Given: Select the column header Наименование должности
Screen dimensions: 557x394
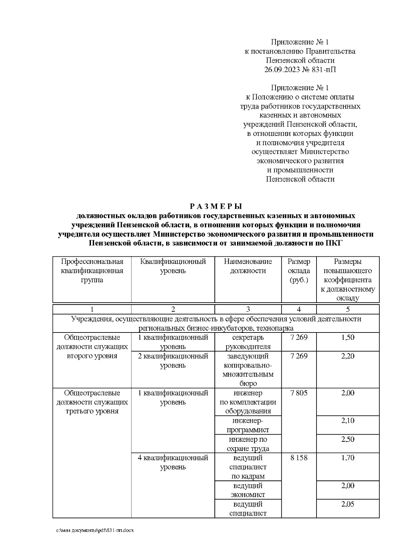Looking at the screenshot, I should pyautogui.click(x=248, y=266).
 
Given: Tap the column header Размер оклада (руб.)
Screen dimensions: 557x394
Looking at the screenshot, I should pyautogui.click(x=299, y=271).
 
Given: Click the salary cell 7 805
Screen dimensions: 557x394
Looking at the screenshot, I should pyautogui.click(x=299, y=393).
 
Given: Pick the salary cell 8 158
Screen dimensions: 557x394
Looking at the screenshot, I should pyautogui.click(x=299, y=458).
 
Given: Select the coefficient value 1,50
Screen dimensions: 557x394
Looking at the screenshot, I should pyautogui.click(x=348, y=337).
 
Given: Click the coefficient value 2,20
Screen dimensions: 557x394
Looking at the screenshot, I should pyautogui.click(x=348, y=356).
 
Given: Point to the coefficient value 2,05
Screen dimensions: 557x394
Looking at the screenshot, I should pyautogui.click(x=348, y=504).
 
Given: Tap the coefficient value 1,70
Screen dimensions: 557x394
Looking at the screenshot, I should pyautogui.click(x=348, y=458).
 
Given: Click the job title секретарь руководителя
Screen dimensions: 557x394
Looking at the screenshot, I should pyautogui.click(x=248, y=342).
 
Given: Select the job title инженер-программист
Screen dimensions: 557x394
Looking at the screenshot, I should pyautogui.click(x=248, y=425).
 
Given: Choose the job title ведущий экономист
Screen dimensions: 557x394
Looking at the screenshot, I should pyautogui.click(x=248, y=490).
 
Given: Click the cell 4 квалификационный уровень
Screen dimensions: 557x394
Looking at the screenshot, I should pyautogui.click(x=173, y=462).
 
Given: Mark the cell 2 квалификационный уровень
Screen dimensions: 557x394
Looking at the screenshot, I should pyautogui.click(x=173, y=361).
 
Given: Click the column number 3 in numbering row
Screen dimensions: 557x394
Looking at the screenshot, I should pyautogui.click(x=248, y=309).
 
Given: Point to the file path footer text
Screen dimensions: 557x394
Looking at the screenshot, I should pyautogui.click(x=95, y=530).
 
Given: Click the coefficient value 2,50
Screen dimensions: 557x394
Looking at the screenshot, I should pyautogui.click(x=348, y=439).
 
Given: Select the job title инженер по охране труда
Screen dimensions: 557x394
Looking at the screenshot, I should pyautogui.click(x=248, y=444).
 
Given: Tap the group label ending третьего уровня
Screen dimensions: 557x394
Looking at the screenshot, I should pyautogui.click(x=92, y=402).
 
